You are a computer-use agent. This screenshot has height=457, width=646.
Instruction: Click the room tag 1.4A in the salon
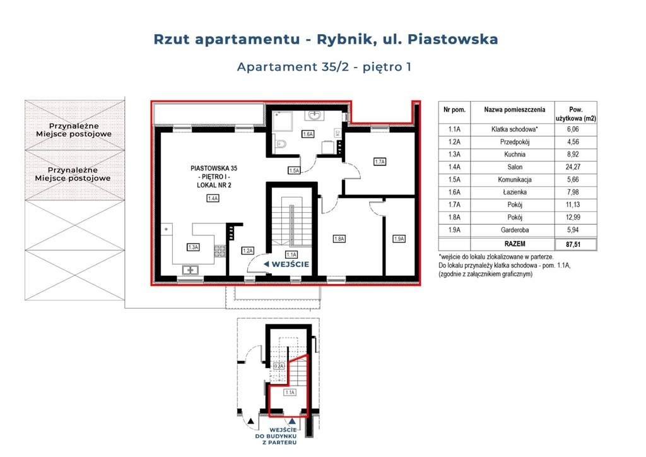coord(213,198)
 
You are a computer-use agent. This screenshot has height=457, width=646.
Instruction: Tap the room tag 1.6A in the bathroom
coord(308,134)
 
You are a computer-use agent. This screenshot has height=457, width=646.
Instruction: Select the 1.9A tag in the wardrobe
coord(399,239)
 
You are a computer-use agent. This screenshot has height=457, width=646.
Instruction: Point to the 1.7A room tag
coord(379,162)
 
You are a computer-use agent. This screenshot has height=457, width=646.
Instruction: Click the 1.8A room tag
coord(339,239)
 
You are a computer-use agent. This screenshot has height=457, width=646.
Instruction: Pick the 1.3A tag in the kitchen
coord(193,247)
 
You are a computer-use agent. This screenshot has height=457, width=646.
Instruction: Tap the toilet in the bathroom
coord(281,144)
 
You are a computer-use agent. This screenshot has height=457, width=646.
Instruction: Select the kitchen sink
coord(190,270)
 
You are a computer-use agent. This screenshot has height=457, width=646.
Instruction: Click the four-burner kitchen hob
coord(220,251)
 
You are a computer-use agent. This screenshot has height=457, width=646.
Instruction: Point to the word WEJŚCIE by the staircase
coord(290,264)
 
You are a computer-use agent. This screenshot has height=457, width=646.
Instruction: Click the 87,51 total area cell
coord(573,244)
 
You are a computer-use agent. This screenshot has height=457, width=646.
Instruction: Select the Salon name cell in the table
coord(515,167)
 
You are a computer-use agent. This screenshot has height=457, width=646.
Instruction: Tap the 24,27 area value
coord(573,167)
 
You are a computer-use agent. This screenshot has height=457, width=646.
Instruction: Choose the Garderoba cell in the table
coord(515,230)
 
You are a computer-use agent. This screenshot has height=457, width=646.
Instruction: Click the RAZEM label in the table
coord(515,244)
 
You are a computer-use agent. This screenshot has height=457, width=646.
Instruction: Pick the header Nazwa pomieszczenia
coord(515,110)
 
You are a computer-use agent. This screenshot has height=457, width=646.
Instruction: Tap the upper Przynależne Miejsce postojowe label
coord(74,130)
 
